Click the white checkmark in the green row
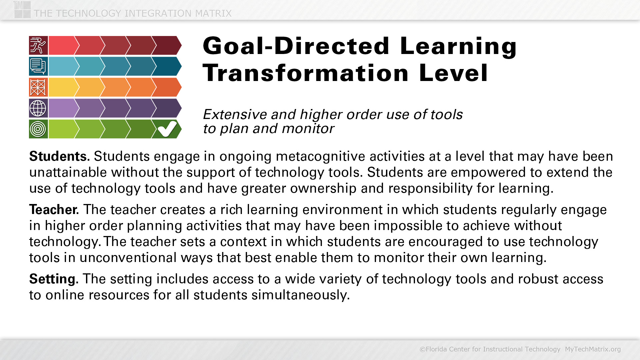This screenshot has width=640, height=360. (x=167, y=129)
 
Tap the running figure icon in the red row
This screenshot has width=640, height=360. (x=38, y=45)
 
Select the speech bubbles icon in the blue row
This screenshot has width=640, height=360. (x=38, y=66)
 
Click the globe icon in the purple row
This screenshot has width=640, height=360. (x=38, y=108)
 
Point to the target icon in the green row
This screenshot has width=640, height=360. (x=38, y=129)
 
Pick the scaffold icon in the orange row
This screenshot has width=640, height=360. (x=38, y=87)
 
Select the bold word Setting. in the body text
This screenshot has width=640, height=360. (x=54, y=279)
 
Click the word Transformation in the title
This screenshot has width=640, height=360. (x=306, y=73)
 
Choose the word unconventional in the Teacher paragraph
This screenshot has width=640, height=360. (x=128, y=258)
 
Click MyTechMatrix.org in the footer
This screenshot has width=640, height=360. (x=593, y=349)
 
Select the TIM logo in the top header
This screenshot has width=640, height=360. (x=22, y=9)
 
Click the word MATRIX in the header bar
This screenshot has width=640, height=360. (x=213, y=13)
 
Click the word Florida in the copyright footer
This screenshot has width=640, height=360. (x=435, y=349)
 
